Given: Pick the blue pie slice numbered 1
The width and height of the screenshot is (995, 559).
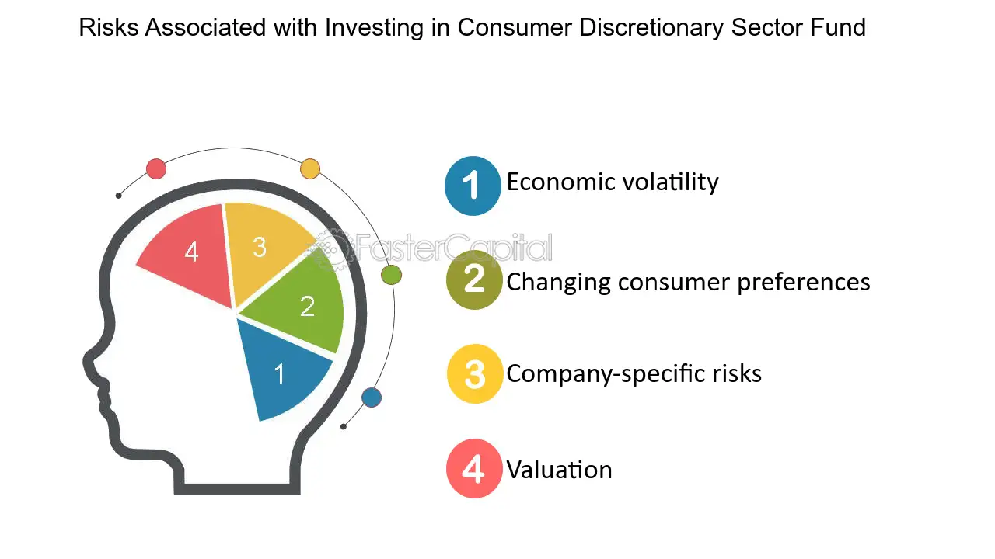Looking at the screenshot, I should (x=280, y=373).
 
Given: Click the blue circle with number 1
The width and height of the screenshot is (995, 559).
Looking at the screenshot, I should (x=473, y=186).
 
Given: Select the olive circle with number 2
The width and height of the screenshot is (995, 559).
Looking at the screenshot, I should (x=474, y=280).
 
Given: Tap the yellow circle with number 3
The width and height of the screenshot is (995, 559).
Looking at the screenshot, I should (x=474, y=373).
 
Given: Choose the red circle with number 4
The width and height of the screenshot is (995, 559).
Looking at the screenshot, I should (x=474, y=469).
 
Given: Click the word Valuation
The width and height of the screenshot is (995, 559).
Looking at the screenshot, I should (x=559, y=470).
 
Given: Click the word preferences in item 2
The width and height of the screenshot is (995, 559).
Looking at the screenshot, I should (x=804, y=281).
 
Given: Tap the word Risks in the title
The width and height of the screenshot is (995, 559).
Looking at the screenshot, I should (x=109, y=28).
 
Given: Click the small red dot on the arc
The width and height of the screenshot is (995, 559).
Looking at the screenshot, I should (x=156, y=168).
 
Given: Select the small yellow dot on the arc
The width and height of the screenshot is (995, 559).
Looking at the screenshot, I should (x=310, y=168).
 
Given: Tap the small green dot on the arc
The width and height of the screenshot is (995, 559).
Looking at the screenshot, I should (x=392, y=274).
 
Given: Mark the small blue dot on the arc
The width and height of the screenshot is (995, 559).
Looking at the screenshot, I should (x=372, y=398).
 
